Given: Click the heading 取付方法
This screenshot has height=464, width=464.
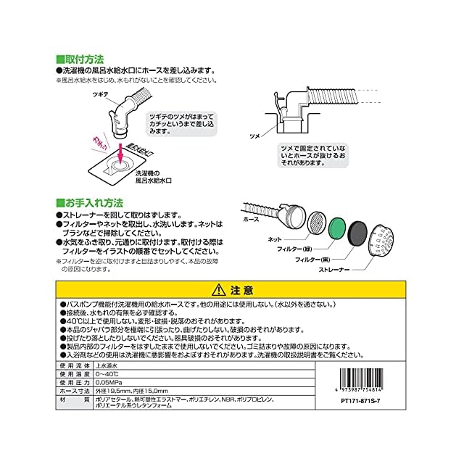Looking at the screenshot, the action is pos(84,58).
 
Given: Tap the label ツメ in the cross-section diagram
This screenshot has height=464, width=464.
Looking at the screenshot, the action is pos(254,136).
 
